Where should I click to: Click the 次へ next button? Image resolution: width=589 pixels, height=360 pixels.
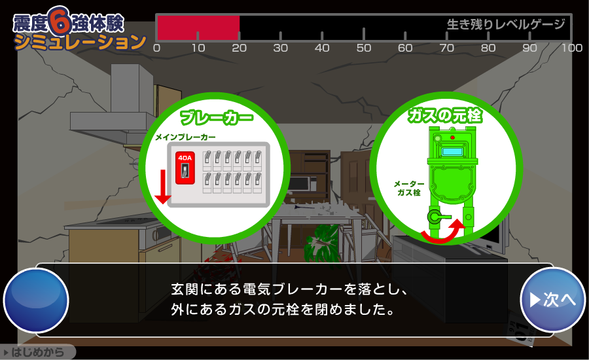pyautogui.click(x=552, y=300)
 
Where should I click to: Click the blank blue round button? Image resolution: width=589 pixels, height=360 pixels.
pyautogui.click(x=36, y=300)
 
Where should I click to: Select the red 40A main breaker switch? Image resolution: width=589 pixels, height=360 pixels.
pyautogui.click(x=185, y=168)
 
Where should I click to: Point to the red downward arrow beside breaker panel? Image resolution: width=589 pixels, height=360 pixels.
pyautogui.click(x=163, y=187)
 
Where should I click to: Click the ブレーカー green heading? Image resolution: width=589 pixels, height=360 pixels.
pyautogui.click(x=217, y=117)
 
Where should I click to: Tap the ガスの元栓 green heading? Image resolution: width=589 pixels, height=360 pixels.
pyautogui.click(x=445, y=115)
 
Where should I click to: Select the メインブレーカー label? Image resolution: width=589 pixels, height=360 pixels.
pyautogui.click(x=186, y=137)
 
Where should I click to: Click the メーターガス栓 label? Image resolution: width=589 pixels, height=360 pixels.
pyautogui.click(x=408, y=189)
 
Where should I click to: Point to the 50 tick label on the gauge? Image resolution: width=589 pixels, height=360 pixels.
pyautogui.click(x=364, y=48)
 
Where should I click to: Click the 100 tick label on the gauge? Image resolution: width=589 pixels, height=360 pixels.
pyautogui.click(x=572, y=48)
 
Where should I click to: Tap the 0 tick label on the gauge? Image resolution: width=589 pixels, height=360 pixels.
pyautogui.click(x=156, y=48)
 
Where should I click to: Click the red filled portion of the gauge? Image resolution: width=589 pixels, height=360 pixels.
pyautogui.click(x=198, y=27)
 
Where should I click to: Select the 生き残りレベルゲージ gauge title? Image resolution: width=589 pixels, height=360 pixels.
pyautogui.click(x=506, y=24)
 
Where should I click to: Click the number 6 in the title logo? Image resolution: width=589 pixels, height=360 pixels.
pyautogui.click(x=60, y=21)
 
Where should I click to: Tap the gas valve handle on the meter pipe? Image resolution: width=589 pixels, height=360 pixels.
pyautogui.click(x=438, y=217)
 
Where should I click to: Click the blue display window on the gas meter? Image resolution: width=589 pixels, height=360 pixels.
pyautogui.click(x=453, y=151)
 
